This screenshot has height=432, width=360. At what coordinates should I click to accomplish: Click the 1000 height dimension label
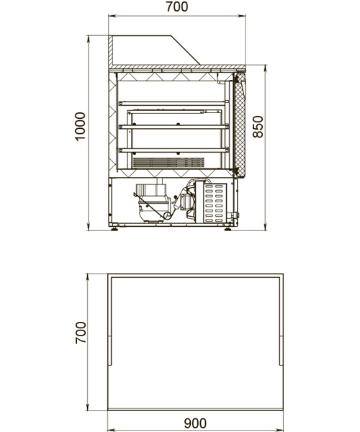tap(80, 127)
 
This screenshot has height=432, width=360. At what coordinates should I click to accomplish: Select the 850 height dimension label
tap(258, 127)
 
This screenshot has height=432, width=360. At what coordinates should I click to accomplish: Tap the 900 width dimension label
tap(195, 423)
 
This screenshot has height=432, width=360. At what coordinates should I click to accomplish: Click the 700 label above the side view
tap(177, 6)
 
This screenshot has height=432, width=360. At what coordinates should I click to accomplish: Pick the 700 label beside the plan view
tap(81, 333)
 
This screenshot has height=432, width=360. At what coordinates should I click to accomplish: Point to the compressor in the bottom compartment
tap(153, 202)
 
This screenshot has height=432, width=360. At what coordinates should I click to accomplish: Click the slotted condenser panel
tap(215, 203)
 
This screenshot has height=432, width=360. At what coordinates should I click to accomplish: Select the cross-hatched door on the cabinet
tap(240, 124)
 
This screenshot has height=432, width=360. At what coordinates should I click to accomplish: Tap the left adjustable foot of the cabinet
tap(114, 228)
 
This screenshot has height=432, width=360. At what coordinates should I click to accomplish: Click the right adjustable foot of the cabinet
tap(228, 228)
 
